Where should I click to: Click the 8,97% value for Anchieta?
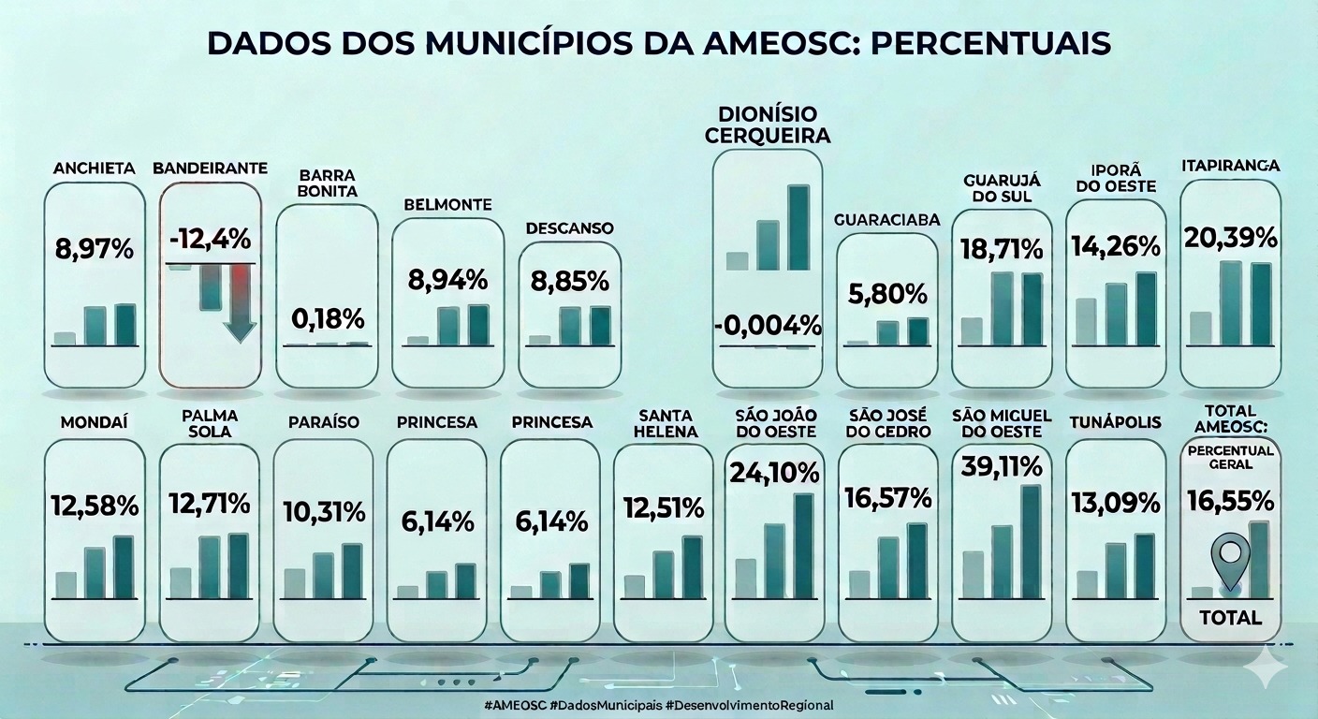(x=94, y=251)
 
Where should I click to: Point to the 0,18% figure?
(x=327, y=318)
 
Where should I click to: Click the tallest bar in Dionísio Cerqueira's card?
(x=798, y=227)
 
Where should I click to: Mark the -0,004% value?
(x=768, y=326)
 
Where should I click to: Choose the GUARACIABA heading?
(x=886, y=219)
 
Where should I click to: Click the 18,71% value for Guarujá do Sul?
(x=1002, y=249)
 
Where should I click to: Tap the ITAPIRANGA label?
(x=1230, y=166)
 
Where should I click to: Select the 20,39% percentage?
(x=1230, y=236)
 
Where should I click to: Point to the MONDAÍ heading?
(x=94, y=422)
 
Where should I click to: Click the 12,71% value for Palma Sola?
(x=210, y=504)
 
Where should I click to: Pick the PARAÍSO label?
(x=322, y=422)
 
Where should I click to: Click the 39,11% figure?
(x=1002, y=466)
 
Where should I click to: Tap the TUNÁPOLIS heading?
(x=1115, y=422)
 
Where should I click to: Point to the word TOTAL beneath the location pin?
(x=1230, y=618)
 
